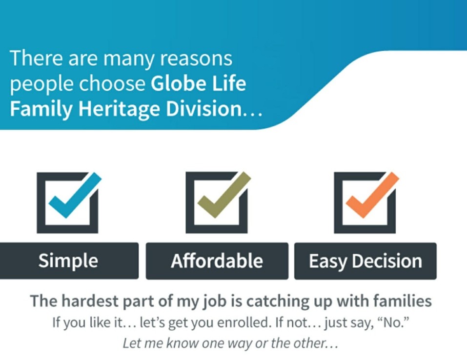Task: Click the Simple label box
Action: click(x=69, y=261)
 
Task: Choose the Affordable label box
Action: click(x=217, y=261)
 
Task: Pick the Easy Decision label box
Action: click(x=365, y=261)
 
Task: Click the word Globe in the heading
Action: click(x=178, y=83)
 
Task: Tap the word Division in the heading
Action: click(x=203, y=109)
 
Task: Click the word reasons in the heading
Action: click(x=196, y=59)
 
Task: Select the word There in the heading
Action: click(x=37, y=58)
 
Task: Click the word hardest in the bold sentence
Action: click(x=90, y=301)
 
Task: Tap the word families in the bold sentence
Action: click(x=403, y=301)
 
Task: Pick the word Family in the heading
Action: click(x=41, y=109)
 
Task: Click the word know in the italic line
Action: click(x=183, y=343)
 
